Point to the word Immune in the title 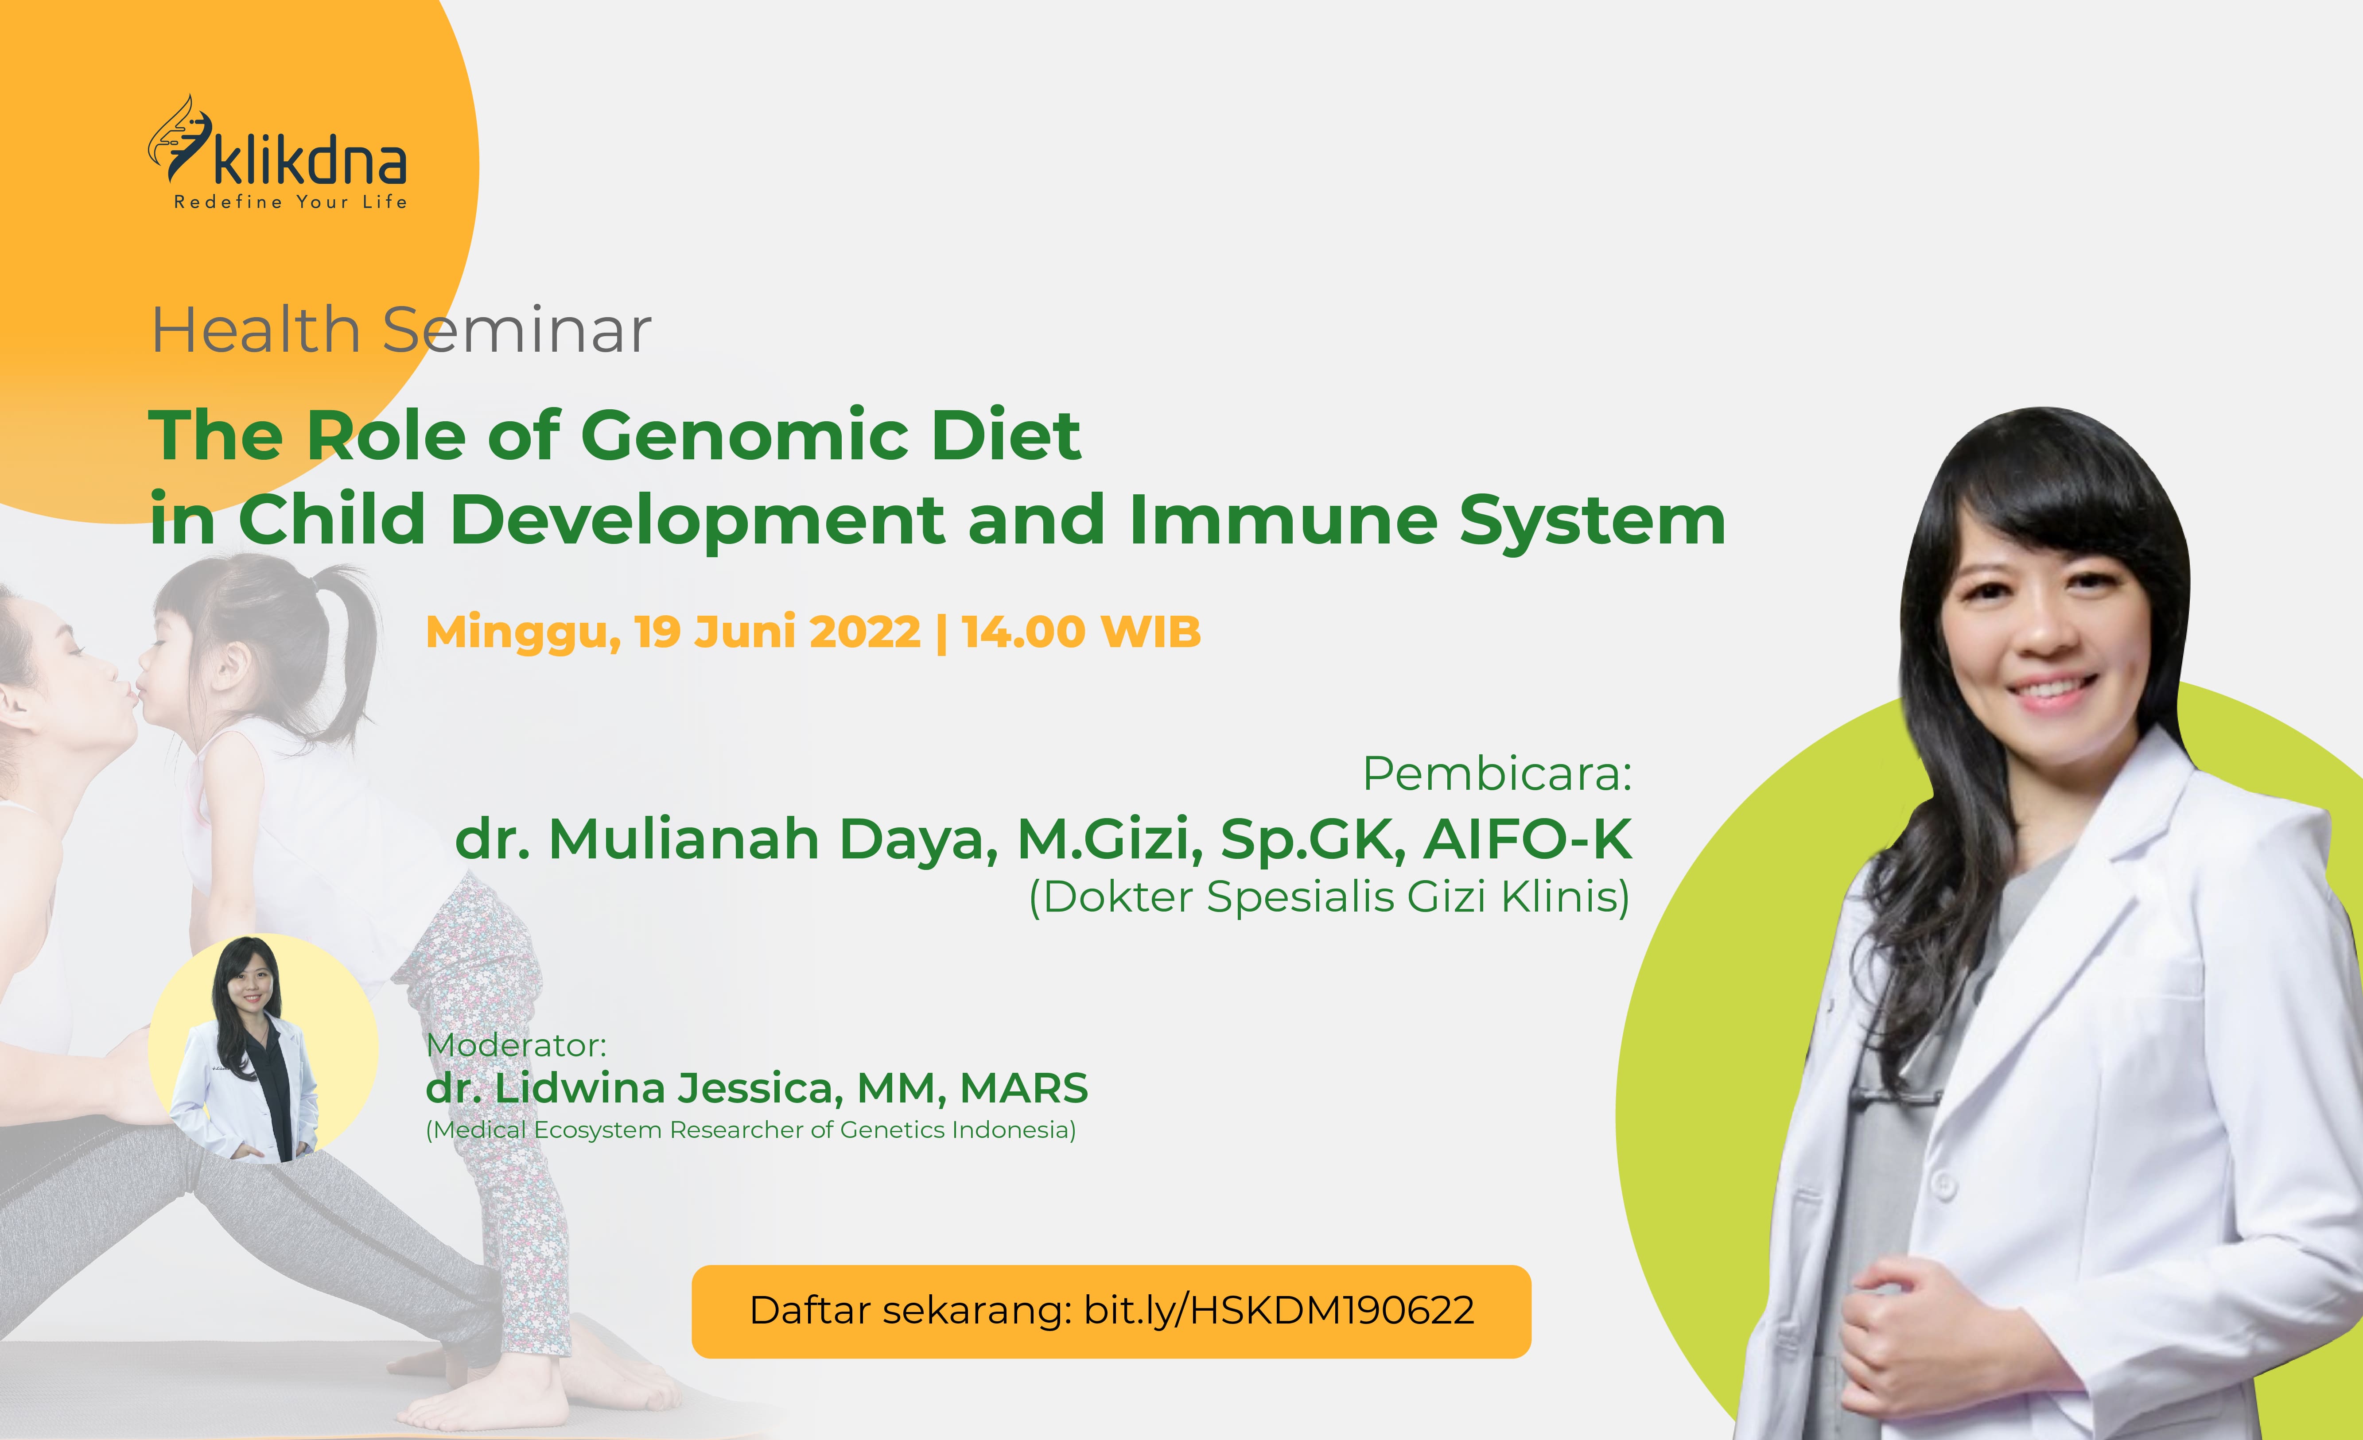[1283, 520]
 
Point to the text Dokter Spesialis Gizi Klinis [1329, 897]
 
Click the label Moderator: [516, 1044]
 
